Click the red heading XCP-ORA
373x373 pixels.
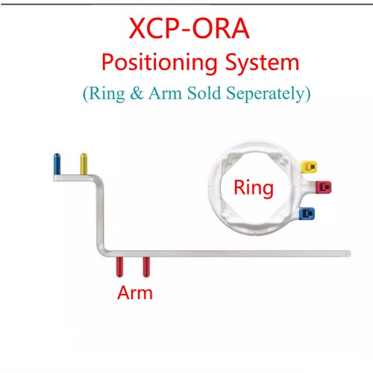[x=189, y=28]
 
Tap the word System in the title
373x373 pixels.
[x=262, y=63]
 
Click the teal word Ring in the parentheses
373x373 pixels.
[x=107, y=93]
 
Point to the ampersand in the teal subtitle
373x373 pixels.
[x=137, y=93]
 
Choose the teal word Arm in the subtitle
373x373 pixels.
[x=166, y=93]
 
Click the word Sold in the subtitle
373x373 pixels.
[x=204, y=93]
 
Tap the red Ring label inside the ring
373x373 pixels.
[x=254, y=188]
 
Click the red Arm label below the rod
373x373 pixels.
[x=135, y=292]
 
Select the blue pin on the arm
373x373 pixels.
[x=57, y=164]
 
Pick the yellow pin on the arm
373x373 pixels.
[x=84, y=164]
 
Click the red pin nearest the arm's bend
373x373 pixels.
[x=119, y=267]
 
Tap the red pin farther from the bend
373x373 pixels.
[x=146, y=267]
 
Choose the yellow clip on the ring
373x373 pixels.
[x=309, y=166]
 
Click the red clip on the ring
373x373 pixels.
[x=324, y=187]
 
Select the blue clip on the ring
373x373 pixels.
[x=307, y=213]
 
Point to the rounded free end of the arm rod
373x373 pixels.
[x=349, y=254]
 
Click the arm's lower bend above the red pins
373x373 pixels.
[x=101, y=251]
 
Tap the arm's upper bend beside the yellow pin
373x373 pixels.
[x=98, y=180]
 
